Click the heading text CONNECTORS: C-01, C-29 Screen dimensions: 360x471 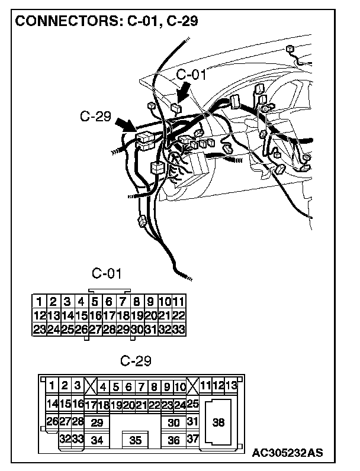tap(106, 21)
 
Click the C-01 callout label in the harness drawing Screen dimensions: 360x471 tap(191, 75)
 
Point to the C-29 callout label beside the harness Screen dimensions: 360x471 tap(95, 117)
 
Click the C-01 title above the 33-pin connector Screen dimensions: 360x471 tap(107, 273)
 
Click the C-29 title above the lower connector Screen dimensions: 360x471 tap(136, 360)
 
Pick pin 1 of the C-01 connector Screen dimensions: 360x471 tap(38, 301)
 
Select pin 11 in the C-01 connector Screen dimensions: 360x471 tap(179, 301)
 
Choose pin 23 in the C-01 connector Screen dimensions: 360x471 tap(38, 330)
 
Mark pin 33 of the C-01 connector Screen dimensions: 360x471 tap(179, 330)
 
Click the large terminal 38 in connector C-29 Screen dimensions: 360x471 tap(218, 422)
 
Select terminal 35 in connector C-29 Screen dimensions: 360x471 tap(136, 440)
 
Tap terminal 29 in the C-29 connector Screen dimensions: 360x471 tap(97, 422)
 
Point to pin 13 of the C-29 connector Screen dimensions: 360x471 tap(231, 386)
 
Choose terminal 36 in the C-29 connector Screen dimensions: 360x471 tap(174, 440)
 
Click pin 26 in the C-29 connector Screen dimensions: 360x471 tap(52, 422)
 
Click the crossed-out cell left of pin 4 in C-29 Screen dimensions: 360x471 tap(91, 387)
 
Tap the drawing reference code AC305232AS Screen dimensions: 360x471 tap(287, 454)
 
